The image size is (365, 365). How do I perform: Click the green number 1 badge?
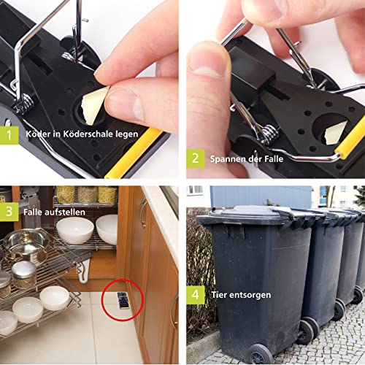[x=9, y=135]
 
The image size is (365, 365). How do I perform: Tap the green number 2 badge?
[x=196, y=158]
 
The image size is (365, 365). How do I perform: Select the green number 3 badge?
[x=9, y=212]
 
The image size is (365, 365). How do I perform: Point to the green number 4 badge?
[x=196, y=295]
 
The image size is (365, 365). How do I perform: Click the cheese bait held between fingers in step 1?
[x=93, y=105]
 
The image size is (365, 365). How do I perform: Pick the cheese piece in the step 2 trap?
[x=335, y=133]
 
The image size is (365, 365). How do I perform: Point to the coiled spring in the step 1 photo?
[x=23, y=104]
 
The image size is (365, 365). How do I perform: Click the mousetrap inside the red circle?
[x=123, y=301]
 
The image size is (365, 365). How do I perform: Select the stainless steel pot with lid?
[x=26, y=246]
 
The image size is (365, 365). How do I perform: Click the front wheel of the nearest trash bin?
[x=259, y=355]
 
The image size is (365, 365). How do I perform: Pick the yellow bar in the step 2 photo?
[x=350, y=141]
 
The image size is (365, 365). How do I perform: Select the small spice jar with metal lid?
[x=24, y=274]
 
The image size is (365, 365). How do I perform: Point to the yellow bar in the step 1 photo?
[x=134, y=153]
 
